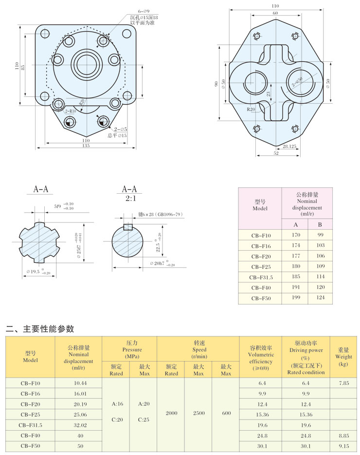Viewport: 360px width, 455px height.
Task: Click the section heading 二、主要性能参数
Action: (x=40, y=329)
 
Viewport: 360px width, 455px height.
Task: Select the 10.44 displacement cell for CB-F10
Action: (x=77, y=383)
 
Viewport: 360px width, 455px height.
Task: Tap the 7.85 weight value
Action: (x=343, y=383)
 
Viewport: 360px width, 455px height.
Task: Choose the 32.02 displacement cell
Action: (x=77, y=424)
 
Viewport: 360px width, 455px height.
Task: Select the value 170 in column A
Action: (x=295, y=235)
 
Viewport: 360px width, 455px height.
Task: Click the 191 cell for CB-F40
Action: (x=295, y=287)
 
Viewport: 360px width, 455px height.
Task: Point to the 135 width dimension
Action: (x=86, y=146)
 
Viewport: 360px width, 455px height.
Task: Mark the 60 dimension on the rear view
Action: (x=275, y=13)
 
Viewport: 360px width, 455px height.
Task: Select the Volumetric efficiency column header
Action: (x=261, y=355)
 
